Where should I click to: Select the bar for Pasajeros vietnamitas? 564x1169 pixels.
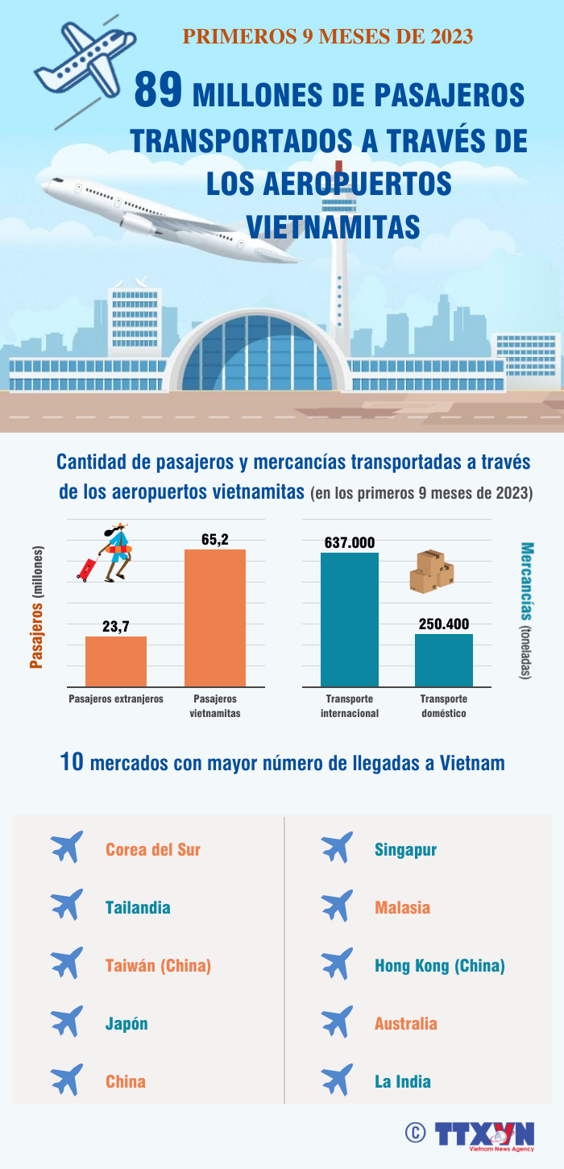click(215, 618)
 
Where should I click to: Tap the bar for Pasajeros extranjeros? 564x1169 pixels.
click(116, 661)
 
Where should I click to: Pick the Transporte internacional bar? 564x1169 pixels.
click(350, 620)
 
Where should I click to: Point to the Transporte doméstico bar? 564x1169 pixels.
click(444, 660)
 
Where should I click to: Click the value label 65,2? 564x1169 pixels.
click(215, 539)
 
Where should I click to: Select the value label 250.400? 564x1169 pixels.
click(444, 624)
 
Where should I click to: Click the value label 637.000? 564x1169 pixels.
click(350, 542)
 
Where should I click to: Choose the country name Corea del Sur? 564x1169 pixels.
click(153, 849)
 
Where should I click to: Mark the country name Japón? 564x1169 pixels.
click(126, 1023)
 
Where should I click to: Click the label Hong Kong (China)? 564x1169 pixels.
click(440, 965)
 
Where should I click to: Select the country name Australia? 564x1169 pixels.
click(406, 1023)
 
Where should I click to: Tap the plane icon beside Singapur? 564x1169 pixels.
click(337, 848)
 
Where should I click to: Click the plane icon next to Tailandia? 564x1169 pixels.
click(67, 906)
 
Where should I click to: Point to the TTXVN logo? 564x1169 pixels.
click(484, 1134)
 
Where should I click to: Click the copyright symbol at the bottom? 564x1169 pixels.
click(415, 1133)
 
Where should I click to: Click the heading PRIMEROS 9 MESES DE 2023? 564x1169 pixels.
click(327, 36)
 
